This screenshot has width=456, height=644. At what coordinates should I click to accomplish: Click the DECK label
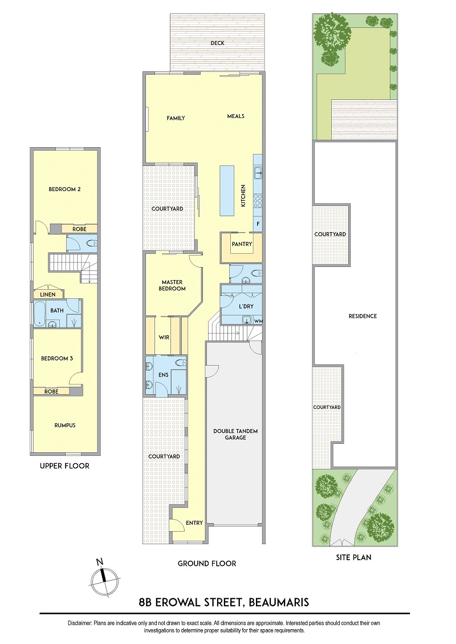tap(218, 43)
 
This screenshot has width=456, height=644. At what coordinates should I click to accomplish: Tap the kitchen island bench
tap(227, 191)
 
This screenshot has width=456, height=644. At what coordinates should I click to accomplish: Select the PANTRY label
tap(242, 244)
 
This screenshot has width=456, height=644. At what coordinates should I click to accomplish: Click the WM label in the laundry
tap(258, 321)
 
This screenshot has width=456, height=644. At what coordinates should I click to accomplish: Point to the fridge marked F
tap(258, 224)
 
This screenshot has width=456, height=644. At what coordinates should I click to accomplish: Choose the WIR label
tap(164, 338)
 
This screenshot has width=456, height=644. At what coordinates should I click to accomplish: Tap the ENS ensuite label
tap(164, 375)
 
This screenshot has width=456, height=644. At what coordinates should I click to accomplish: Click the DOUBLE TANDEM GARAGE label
tap(235, 434)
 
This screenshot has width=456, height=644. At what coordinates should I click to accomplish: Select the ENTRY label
tap(194, 523)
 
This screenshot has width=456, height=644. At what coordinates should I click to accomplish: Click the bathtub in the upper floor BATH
tap(39, 314)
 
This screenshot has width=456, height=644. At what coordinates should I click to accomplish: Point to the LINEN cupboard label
tap(48, 294)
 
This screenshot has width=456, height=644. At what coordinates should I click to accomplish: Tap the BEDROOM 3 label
tap(56, 359)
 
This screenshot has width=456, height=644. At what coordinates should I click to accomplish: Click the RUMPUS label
tap(65, 426)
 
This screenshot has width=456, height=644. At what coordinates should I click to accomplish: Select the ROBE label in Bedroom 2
tap(79, 229)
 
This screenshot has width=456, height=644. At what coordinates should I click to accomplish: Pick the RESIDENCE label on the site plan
tap(363, 316)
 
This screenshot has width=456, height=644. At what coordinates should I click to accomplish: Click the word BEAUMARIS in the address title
tap(278, 602)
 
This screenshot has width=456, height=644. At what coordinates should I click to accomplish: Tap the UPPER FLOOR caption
tap(64, 466)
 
